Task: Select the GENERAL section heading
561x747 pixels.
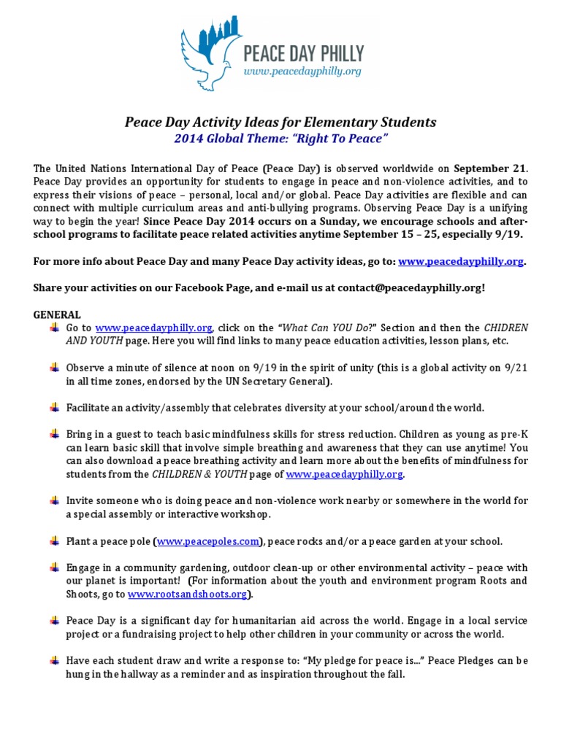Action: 56,314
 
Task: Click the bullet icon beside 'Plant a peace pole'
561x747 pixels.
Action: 54,541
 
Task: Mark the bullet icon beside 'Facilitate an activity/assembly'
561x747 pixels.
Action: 54,407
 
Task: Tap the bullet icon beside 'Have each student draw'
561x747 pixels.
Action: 54,660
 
